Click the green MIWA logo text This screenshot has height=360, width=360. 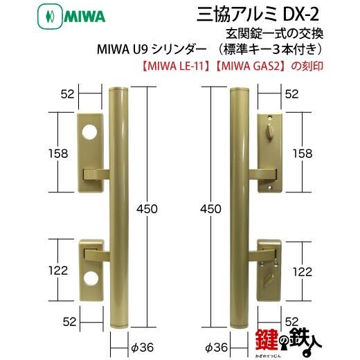coord(84,17)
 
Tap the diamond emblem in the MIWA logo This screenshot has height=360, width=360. coord(50,17)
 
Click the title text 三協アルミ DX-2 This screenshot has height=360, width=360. coord(258,15)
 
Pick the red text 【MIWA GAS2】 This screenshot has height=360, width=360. coord(251,66)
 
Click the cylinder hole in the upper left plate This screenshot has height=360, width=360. coord(89,132)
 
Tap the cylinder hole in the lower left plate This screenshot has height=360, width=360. coord(91,278)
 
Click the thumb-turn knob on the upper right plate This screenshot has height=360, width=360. coord(269,128)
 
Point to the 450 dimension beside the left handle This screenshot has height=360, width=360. coord(147,209)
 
